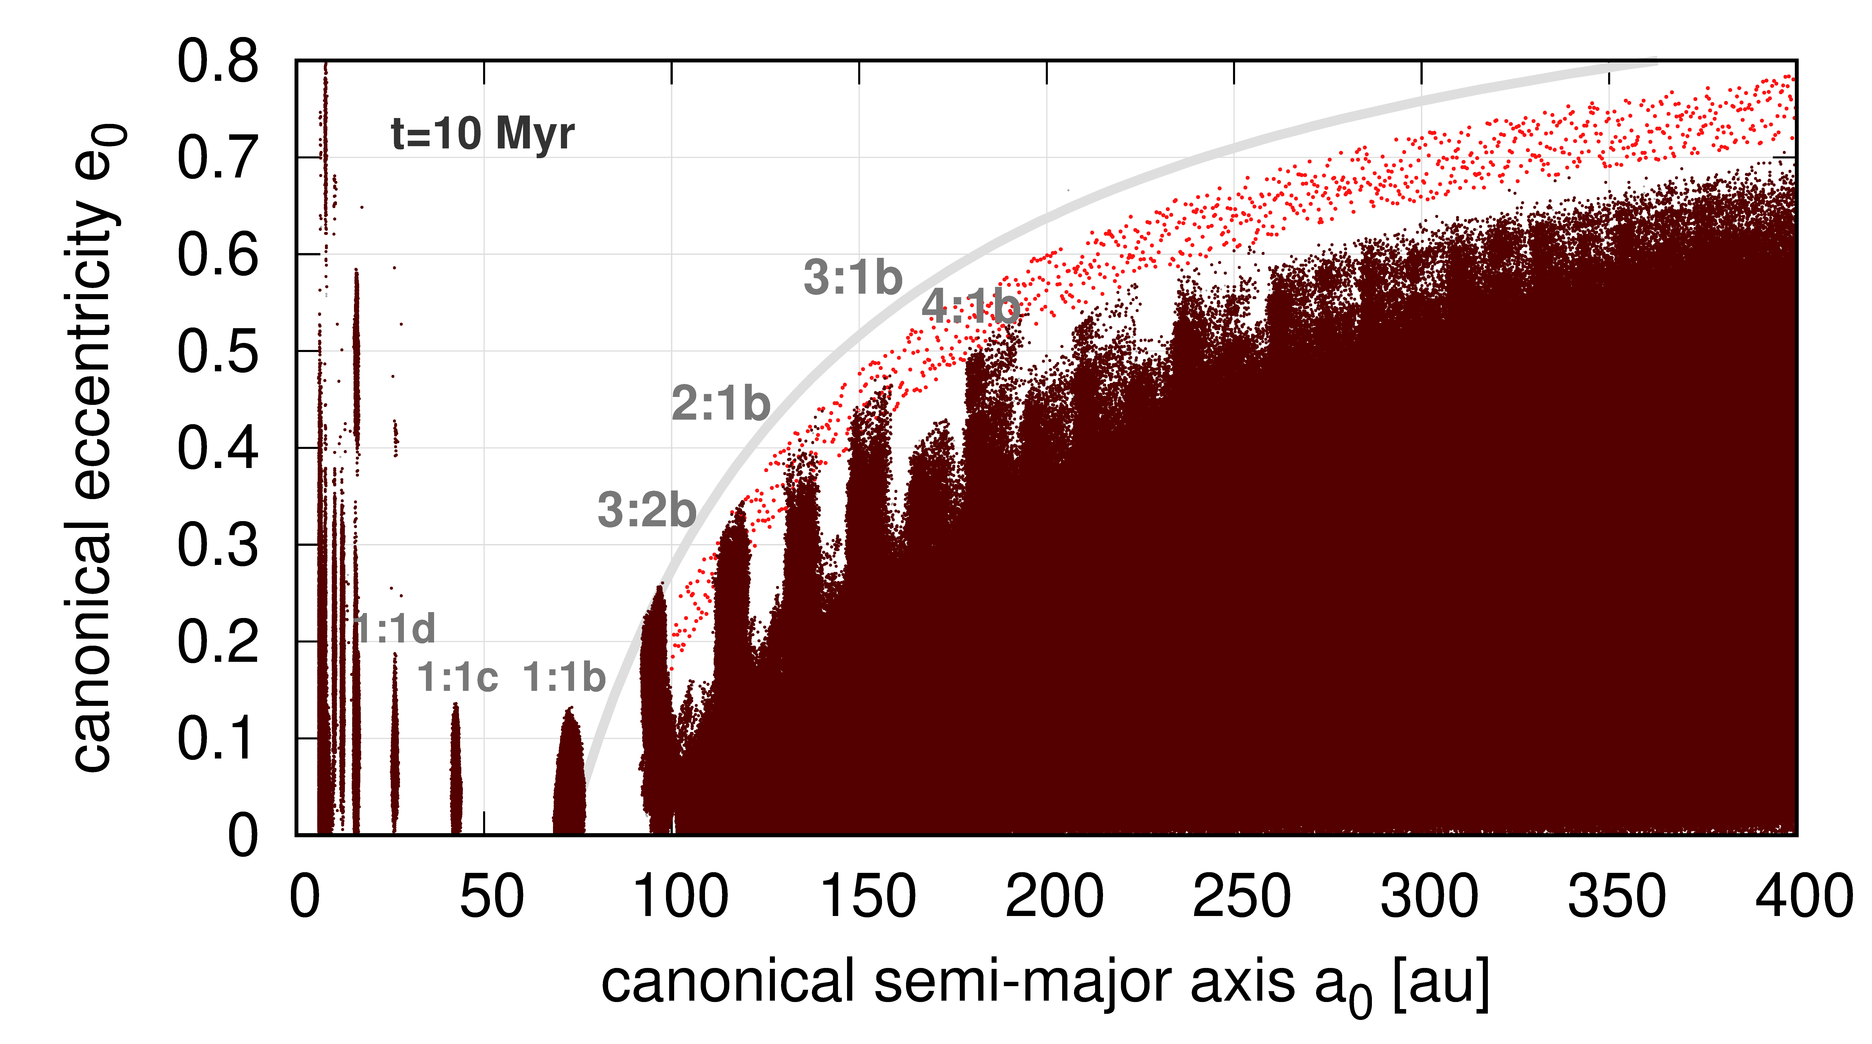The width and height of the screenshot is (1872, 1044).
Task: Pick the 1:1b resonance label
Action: tap(564, 678)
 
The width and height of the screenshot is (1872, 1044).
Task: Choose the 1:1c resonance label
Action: tap(457, 678)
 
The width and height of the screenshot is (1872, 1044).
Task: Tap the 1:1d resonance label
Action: tap(396, 628)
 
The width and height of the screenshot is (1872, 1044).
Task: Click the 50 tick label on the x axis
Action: tap(491, 896)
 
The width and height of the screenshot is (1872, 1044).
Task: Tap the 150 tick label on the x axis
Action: tap(867, 896)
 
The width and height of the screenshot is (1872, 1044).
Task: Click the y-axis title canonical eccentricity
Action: tap(94, 447)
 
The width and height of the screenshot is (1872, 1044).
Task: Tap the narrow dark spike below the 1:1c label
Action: tap(456, 771)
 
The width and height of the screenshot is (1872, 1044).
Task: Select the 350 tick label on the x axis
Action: tap(1616, 896)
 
